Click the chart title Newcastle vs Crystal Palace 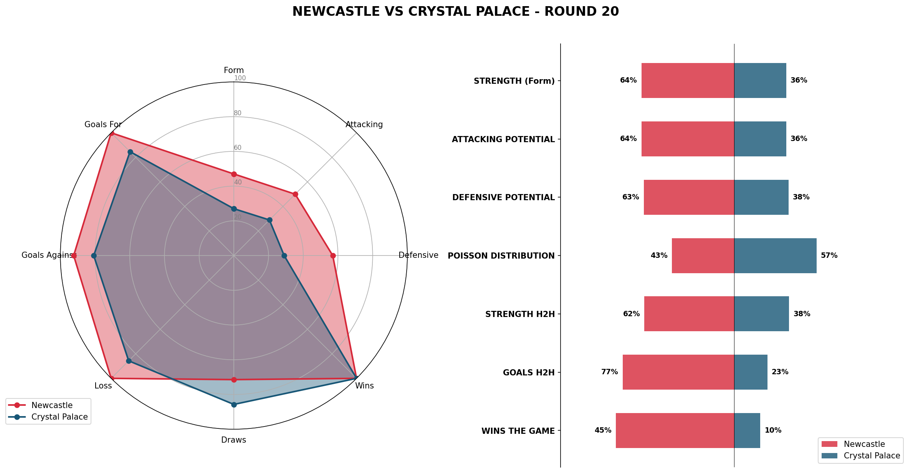point(455,12)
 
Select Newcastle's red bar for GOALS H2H point(678,372)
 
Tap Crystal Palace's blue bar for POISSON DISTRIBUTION point(775,256)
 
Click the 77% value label point(609,372)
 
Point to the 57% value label point(829,256)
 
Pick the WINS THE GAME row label point(518,431)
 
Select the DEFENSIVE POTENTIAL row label point(503,197)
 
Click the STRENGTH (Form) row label point(514,81)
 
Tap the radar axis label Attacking point(364,124)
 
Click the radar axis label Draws point(233,440)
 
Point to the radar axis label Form point(234,70)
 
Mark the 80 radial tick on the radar point(238,113)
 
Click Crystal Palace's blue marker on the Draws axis point(234,405)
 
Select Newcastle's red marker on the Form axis point(234,174)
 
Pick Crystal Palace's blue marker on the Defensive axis point(284,256)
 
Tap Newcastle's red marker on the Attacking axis point(295,194)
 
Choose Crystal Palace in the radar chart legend point(60,417)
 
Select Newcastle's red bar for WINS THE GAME point(675,430)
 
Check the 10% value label point(773,430)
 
